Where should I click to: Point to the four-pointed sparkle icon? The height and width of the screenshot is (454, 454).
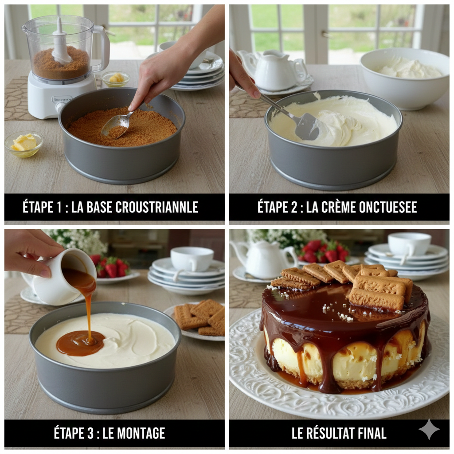(429, 429)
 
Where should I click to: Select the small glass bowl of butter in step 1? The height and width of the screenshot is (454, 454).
(24, 144)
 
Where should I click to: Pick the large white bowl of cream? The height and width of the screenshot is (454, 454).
(404, 78)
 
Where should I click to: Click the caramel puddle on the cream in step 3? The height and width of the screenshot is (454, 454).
(80, 343)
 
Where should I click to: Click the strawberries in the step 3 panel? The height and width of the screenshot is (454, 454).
(111, 267)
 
